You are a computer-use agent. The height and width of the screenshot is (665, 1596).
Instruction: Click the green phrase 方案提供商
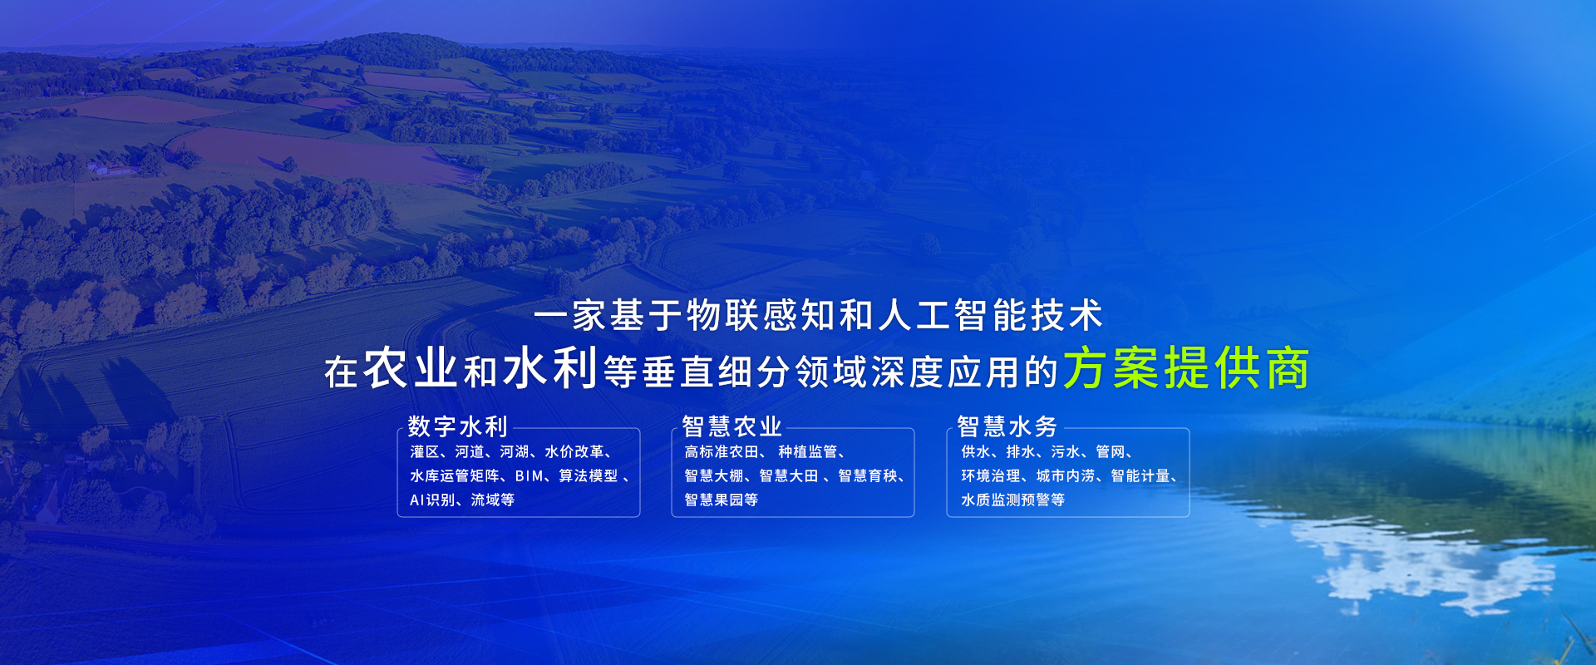[x=1186, y=367]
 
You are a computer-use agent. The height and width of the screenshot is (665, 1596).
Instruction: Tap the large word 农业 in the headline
[x=411, y=367]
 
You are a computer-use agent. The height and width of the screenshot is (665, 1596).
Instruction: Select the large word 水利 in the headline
[x=550, y=367]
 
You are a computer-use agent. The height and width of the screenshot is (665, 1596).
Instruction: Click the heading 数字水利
[x=457, y=426]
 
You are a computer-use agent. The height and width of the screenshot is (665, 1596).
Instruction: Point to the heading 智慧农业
[x=731, y=426]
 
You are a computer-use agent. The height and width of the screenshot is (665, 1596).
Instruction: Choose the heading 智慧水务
[x=1007, y=426]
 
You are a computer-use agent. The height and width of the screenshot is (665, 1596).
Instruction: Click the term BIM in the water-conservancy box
[x=530, y=476]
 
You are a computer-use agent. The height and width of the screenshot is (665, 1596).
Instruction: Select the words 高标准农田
[x=722, y=452]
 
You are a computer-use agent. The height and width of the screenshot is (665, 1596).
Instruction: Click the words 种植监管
[x=807, y=452]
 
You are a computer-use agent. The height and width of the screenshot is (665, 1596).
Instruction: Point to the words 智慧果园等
[x=721, y=500]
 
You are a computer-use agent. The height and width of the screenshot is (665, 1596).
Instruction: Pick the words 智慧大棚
[x=714, y=476]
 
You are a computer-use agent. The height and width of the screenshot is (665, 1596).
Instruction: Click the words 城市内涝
[x=1066, y=476]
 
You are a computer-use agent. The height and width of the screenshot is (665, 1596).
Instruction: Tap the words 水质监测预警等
[x=1012, y=500]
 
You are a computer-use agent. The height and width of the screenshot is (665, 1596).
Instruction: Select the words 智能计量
[x=1140, y=476]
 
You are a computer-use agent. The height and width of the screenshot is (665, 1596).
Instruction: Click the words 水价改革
[x=574, y=452]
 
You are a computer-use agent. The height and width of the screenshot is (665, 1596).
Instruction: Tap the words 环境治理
[x=991, y=476]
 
